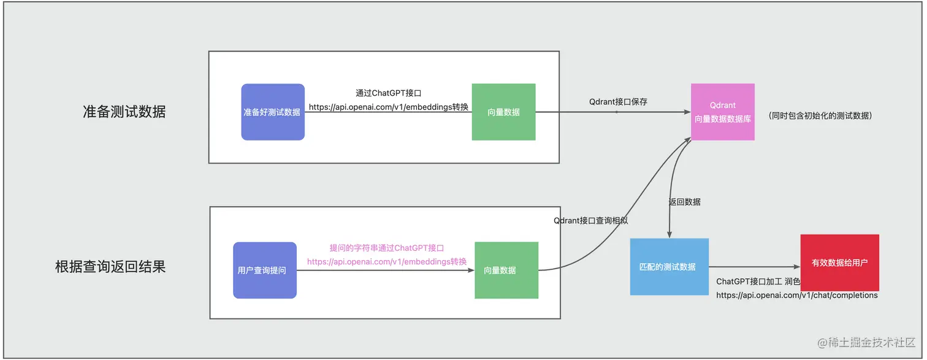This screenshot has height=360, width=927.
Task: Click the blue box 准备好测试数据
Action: [x=272, y=112]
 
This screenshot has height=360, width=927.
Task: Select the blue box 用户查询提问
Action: [x=264, y=270]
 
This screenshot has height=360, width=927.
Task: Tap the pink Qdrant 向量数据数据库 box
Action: [x=722, y=112]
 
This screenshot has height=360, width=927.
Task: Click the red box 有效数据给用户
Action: [x=839, y=262]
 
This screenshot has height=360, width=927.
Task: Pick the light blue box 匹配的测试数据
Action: [x=669, y=267]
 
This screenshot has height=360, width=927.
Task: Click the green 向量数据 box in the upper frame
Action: [x=503, y=112]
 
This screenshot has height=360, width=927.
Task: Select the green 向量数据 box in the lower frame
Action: [x=506, y=270]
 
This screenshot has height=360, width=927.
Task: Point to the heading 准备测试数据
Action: [x=124, y=112]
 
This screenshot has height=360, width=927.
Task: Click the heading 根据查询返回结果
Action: [x=110, y=267]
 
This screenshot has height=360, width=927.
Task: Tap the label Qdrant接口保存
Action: [x=618, y=102]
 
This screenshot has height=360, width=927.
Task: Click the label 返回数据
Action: [x=684, y=202]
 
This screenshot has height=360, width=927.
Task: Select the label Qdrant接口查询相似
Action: [x=590, y=220]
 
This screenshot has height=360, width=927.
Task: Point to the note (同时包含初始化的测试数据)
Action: [x=819, y=115]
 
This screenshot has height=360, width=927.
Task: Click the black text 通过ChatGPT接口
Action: [x=388, y=93]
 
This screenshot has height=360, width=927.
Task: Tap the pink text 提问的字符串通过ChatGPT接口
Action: [x=386, y=248]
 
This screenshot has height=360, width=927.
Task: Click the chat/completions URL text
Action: [x=797, y=295]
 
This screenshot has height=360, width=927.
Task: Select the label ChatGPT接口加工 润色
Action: [x=758, y=281]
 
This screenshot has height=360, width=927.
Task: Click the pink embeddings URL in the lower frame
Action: [x=387, y=261]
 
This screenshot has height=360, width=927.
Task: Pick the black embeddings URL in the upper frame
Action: [x=389, y=107]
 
